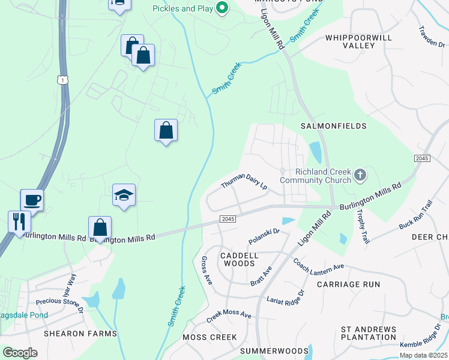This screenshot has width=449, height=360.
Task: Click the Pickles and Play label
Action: pos(182,8)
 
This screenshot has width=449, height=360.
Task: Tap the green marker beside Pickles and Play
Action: pos(222,8)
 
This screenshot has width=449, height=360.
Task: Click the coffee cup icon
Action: pos(32,199)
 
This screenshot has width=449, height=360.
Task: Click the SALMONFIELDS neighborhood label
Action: pos(334,127)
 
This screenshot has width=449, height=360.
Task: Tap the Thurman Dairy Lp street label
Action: pos(244,182)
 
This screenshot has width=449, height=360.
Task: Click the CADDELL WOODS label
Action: pos(239,259)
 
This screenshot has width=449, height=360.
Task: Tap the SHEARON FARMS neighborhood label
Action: pos(80,333)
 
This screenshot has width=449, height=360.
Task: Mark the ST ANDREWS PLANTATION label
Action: pos(369,333)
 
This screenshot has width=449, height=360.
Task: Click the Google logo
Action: pos(20,352)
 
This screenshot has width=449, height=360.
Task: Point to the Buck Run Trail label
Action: pos(415,215)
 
